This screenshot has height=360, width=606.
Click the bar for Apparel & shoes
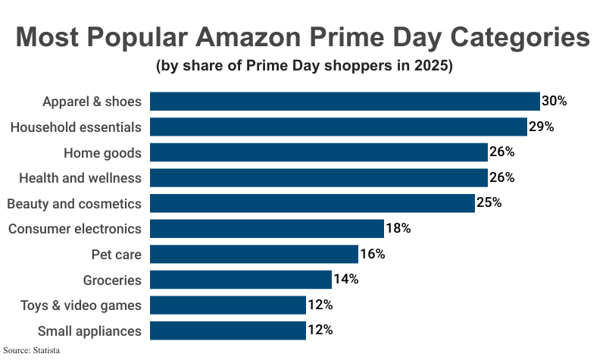click(x=345, y=102)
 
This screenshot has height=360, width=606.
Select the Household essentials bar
click(x=338, y=127)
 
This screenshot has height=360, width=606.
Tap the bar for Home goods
click(x=318, y=152)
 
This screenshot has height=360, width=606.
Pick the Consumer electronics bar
click(x=267, y=229)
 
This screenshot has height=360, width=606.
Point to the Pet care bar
click(x=254, y=254)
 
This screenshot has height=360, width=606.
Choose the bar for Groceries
click(x=241, y=280)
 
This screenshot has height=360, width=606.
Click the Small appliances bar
click(x=228, y=330)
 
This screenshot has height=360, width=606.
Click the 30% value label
click(x=554, y=102)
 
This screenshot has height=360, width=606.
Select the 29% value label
click(x=541, y=127)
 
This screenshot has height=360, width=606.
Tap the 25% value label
click(x=489, y=203)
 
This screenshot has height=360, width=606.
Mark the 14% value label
click(x=345, y=280)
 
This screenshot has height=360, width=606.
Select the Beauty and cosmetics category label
click(x=74, y=204)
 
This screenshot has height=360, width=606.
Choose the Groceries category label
click(x=112, y=280)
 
